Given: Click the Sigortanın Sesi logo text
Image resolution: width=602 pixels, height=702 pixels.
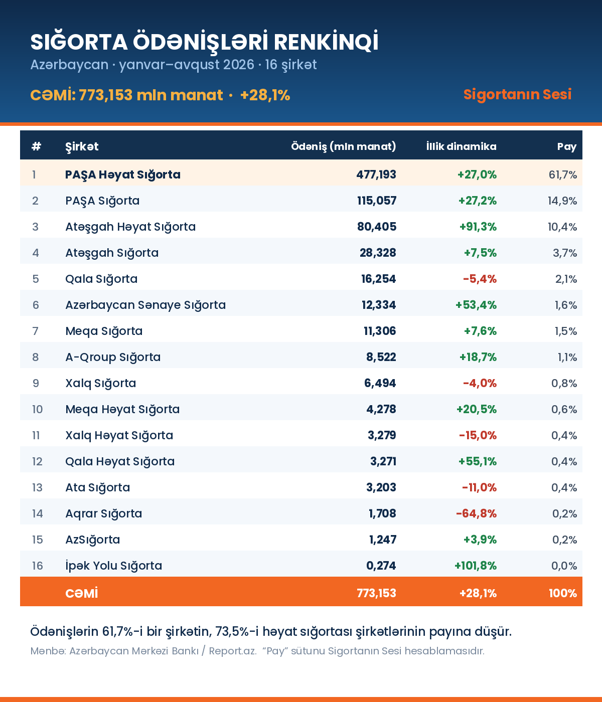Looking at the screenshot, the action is pyautogui.click(x=517, y=94).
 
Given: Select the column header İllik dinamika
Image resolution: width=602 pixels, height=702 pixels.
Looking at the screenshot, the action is pyautogui.click(x=462, y=146).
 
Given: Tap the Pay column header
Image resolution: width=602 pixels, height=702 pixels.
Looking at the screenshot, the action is pyautogui.click(x=567, y=147).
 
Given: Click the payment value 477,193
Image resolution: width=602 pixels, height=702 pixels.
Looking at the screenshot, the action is pyautogui.click(x=376, y=174).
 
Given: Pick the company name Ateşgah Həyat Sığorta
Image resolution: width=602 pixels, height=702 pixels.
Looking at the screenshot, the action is pyautogui.click(x=130, y=227).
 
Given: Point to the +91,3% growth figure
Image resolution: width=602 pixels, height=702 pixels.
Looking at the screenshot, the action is pyautogui.click(x=478, y=227).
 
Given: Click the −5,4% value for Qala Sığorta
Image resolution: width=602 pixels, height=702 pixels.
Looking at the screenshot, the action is pyautogui.click(x=480, y=279).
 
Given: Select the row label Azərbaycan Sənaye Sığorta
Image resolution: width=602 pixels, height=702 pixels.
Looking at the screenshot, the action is pyautogui.click(x=145, y=305).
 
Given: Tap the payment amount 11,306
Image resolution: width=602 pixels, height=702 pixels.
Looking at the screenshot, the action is pyautogui.click(x=380, y=331).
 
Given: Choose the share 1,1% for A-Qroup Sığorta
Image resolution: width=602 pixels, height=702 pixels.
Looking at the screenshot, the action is pyautogui.click(x=567, y=357).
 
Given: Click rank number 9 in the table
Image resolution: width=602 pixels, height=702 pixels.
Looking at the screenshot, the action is pyautogui.click(x=36, y=383).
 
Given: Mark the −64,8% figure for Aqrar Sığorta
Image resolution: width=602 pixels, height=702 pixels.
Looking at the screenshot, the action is pyautogui.click(x=476, y=513).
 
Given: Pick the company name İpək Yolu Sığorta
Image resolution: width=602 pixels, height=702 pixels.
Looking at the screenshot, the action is pyautogui.click(x=114, y=566).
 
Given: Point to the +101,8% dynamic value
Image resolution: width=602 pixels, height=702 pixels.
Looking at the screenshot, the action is pyautogui.click(x=476, y=566).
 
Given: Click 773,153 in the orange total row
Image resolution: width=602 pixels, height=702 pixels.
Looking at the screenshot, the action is pyautogui.click(x=376, y=593).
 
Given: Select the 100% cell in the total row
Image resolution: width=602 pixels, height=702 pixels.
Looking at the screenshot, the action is pyautogui.click(x=562, y=593).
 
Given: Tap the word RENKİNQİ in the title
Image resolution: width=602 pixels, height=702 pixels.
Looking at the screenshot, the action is pyautogui.click(x=326, y=42).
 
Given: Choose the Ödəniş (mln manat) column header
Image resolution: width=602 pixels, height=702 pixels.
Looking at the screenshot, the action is pyautogui.click(x=344, y=146).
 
